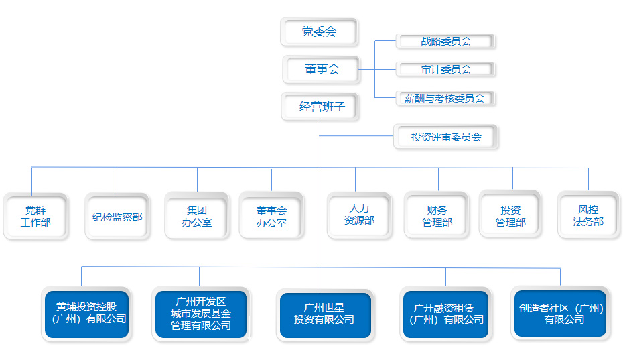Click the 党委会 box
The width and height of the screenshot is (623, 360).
point(319,32)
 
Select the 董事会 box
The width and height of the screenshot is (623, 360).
point(322,70)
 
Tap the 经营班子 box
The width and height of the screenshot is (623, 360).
point(320,107)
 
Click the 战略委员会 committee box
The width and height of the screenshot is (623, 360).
point(445,42)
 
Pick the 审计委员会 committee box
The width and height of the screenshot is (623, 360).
point(445,70)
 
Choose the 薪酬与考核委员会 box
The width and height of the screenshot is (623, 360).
point(445,99)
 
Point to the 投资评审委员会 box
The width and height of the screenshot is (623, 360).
point(445,137)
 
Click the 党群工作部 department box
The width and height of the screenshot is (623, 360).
point(36,217)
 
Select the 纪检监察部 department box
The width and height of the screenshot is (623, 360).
point(117,217)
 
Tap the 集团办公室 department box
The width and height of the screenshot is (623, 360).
point(197,216)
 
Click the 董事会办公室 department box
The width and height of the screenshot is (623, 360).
point(272,216)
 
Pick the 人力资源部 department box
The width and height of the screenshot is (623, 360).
point(360,216)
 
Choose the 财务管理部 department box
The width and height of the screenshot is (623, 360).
point(437,216)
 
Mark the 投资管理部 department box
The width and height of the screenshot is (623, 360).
point(510,215)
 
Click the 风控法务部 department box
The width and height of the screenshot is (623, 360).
point(589,215)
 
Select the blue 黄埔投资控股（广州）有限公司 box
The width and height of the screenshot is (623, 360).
point(86,314)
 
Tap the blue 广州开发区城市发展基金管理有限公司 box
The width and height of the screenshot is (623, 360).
point(201,314)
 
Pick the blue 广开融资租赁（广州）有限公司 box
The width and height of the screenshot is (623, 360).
point(445,314)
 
